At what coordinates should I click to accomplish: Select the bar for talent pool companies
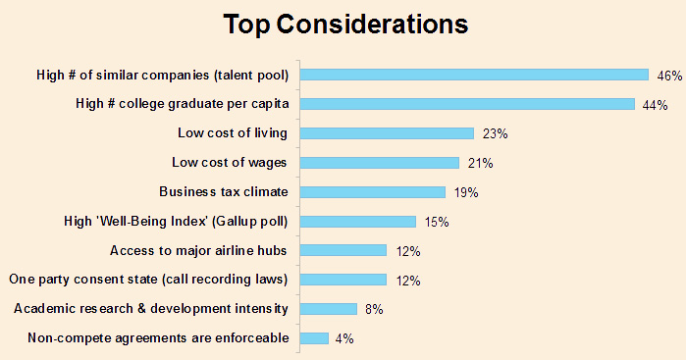474,75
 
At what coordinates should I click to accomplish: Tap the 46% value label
669,76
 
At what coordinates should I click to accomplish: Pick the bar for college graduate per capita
466,104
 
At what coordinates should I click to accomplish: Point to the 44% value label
655,105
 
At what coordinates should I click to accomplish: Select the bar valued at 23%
387,133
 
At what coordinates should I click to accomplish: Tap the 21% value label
478,164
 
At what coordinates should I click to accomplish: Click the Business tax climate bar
372,192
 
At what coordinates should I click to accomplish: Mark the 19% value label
465,193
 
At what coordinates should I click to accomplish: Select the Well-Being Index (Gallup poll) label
175,222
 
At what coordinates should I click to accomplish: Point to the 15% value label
436,223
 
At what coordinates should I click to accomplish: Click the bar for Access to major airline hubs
343,250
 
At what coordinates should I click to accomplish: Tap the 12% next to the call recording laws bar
406,281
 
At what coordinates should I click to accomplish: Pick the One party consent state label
148,280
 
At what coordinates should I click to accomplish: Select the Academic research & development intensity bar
328,309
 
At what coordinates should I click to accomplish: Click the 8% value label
373,310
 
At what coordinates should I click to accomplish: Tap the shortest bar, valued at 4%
313,338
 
